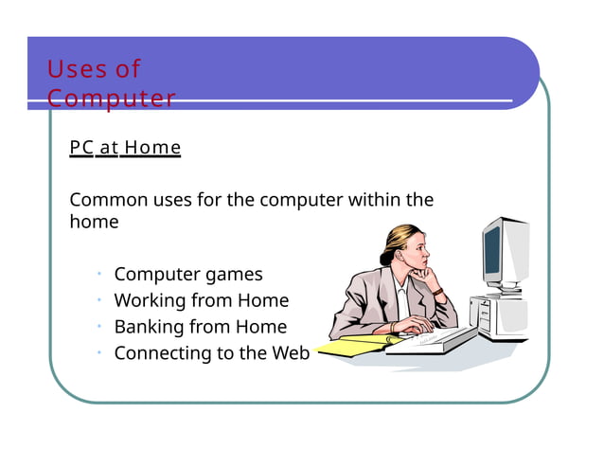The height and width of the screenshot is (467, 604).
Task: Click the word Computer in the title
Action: (x=112, y=99)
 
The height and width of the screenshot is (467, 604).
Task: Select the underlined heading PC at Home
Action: (x=124, y=149)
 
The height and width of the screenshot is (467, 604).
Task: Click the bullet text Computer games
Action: (x=188, y=275)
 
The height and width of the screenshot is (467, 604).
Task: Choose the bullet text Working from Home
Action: (x=201, y=301)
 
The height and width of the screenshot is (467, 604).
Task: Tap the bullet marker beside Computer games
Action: (x=98, y=275)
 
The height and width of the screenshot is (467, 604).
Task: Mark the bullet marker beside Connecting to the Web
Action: (x=98, y=353)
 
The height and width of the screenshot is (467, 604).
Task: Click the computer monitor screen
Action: (x=492, y=251)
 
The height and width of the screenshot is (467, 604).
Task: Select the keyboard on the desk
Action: (x=431, y=339)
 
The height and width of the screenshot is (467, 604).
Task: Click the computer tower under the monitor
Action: (x=500, y=313)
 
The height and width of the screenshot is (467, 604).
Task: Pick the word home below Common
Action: (x=94, y=223)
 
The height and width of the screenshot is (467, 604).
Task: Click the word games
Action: (x=234, y=275)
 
